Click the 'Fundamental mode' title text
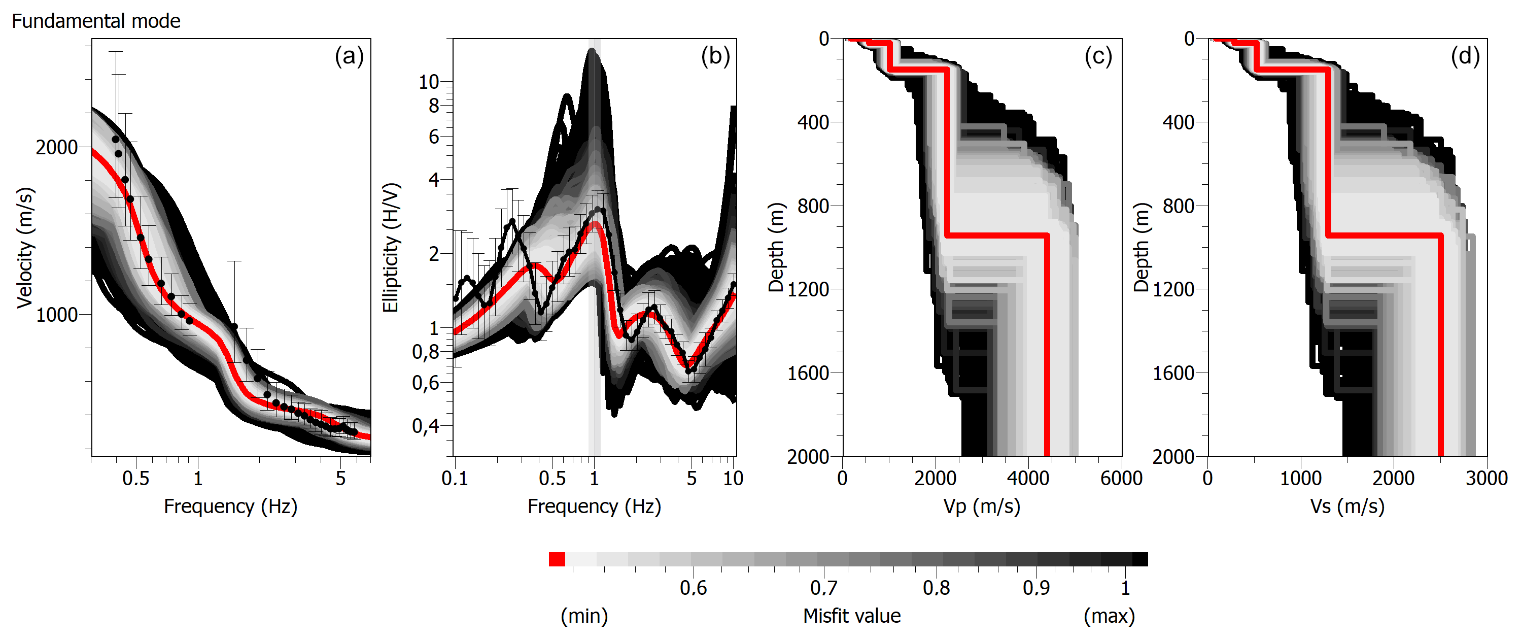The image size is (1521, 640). pos(96,21)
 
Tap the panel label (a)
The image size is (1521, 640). pos(349,56)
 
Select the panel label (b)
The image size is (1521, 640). pos(715,56)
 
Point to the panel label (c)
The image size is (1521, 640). pos(1098,56)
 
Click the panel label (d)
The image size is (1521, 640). pos(1465,56)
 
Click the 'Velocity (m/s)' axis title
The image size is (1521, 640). pos(25,248)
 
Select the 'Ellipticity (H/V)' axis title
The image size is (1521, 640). pos(391,248)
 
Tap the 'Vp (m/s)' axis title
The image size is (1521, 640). pos(981,507)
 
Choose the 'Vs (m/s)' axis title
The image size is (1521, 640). pos(1347,507)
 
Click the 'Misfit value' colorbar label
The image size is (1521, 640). pos(851,616)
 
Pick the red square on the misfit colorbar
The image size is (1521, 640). pos(556,559)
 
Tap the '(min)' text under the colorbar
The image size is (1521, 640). pos(584,616)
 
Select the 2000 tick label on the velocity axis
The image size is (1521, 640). pos(57,147)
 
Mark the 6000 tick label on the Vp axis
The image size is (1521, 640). pos(1121,478)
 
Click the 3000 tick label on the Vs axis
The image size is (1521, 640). pos(1486,478)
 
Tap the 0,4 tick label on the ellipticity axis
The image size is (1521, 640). pos(426,425)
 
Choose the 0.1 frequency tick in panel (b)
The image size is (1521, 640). pos(455,478)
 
